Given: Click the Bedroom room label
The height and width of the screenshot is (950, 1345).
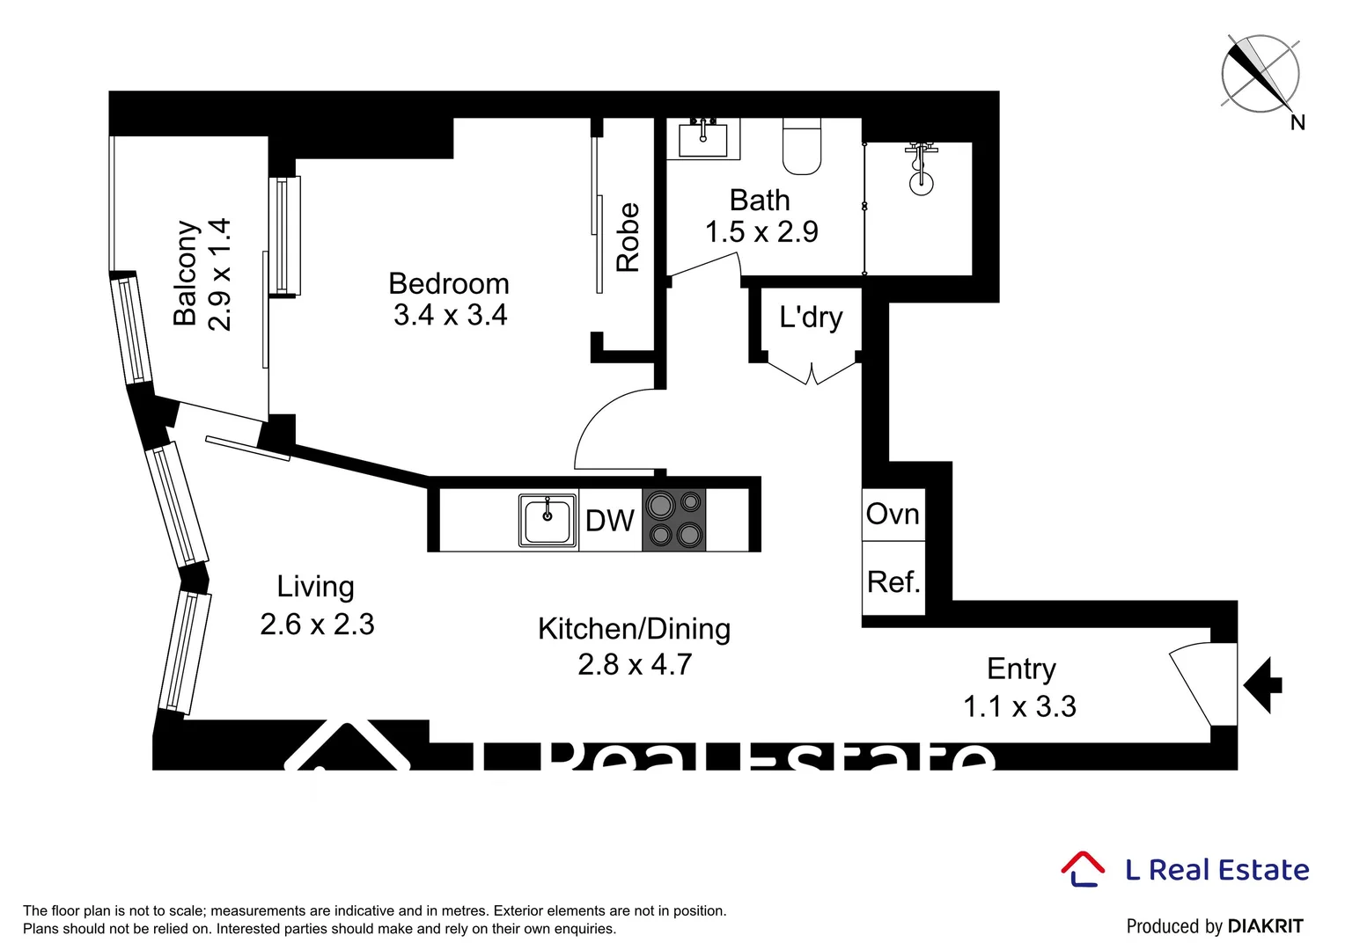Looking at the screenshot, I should tap(449, 284).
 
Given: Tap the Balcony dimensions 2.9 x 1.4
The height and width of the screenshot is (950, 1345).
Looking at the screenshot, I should tap(219, 274).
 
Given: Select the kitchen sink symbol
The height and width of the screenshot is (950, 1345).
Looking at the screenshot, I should tap(548, 521).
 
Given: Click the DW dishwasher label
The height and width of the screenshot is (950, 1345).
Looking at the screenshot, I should tap(609, 521).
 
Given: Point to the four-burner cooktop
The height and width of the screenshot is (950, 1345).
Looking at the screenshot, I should tap(673, 520).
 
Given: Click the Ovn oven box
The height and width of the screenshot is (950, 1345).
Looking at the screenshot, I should tap(893, 515).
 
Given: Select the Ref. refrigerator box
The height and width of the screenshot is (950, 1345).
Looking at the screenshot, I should tap(893, 581).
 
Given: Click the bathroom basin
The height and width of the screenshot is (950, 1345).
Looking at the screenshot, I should tap(702, 139).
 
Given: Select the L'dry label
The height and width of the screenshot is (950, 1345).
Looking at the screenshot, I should tap(811, 317).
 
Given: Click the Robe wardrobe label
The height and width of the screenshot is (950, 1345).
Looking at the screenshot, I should tap(628, 237).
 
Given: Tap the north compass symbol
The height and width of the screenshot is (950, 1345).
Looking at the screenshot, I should tap(1260, 74).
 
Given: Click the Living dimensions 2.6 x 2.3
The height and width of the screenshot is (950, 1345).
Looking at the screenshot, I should tap(317, 625).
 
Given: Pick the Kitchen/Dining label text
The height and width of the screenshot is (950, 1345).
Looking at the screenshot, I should tap(634, 629).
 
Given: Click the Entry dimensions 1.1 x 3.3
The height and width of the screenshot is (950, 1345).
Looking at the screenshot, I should tap(1019, 706).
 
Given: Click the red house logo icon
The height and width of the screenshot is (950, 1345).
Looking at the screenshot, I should tap(1082, 868).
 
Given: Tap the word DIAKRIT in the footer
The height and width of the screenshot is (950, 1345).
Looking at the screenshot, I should tap(1265, 926).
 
